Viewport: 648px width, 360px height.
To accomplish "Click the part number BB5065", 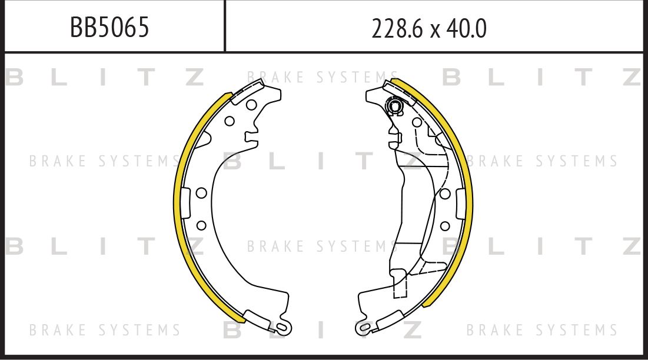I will click(109, 27).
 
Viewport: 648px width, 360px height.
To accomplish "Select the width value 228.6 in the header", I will click(393, 28).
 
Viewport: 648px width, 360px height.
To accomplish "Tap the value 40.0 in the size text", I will click(466, 28).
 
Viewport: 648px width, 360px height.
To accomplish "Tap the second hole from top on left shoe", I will click(230, 121).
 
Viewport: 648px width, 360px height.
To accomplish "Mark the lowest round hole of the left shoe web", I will click(201, 225).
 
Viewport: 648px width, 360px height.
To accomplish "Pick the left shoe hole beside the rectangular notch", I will click(200, 193).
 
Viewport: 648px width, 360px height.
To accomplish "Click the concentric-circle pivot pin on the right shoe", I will click(395, 106).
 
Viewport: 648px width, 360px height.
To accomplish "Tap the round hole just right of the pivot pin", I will click(416, 122).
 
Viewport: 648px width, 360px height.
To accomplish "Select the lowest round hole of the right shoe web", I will click(445, 225).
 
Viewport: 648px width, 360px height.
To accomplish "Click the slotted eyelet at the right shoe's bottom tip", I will click(365, 326).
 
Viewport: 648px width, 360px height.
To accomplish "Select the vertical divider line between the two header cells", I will click(225, 26).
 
